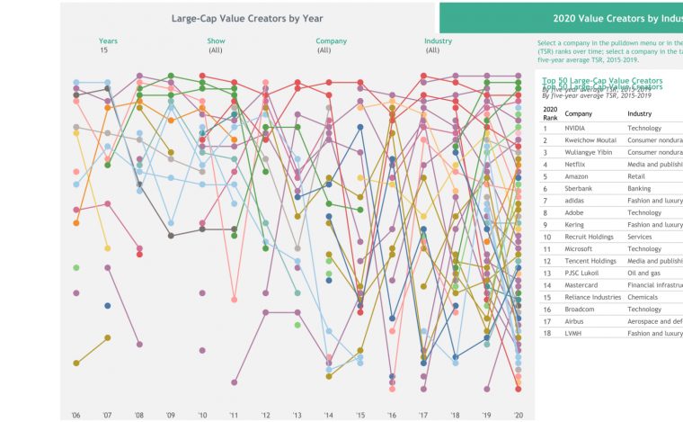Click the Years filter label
(108, 40)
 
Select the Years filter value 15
(104, 50)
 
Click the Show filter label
(216, 40)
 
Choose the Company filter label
(331, 40)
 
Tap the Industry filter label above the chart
(438, 40)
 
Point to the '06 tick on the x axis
(75, 415)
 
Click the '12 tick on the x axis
(265, 415)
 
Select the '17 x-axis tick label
(423, 415)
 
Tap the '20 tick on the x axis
(518, 415)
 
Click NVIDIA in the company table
(575, 129)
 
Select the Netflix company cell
(576, 165)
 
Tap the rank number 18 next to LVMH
(546, 334)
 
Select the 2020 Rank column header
(550, 112)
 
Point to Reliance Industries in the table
(593, 297)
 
